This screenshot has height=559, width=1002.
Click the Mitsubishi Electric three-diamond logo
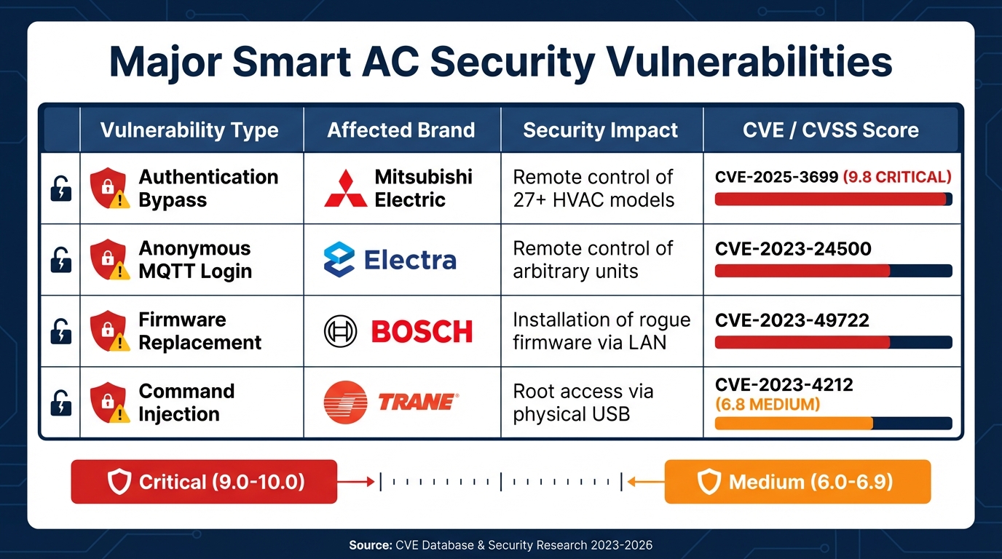[346, 189]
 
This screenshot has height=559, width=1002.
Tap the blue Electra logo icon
[339, 260]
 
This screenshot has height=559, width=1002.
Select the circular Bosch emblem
[340, 332]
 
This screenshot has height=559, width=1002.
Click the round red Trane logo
[345, 402]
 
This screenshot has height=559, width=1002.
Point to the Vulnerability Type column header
[189, 130]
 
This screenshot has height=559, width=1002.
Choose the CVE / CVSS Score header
[830, 130]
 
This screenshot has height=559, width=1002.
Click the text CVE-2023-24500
[793, 249]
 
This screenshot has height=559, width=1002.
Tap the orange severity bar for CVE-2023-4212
[794, 424]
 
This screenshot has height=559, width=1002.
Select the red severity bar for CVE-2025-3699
[830, 199]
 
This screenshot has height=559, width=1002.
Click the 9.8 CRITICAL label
[896, 177]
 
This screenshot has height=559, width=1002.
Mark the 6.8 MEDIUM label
[767, 404]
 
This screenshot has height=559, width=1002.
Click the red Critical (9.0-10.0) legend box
[204, 482]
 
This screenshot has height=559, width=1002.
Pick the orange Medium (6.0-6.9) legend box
[797, 482]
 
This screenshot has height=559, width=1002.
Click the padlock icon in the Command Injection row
[60, 403]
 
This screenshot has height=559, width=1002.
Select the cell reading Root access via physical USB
[583, 403]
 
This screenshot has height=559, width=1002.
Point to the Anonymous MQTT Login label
[195, 260]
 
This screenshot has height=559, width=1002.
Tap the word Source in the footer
[370, 545]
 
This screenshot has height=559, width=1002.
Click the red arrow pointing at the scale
[356, 481]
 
